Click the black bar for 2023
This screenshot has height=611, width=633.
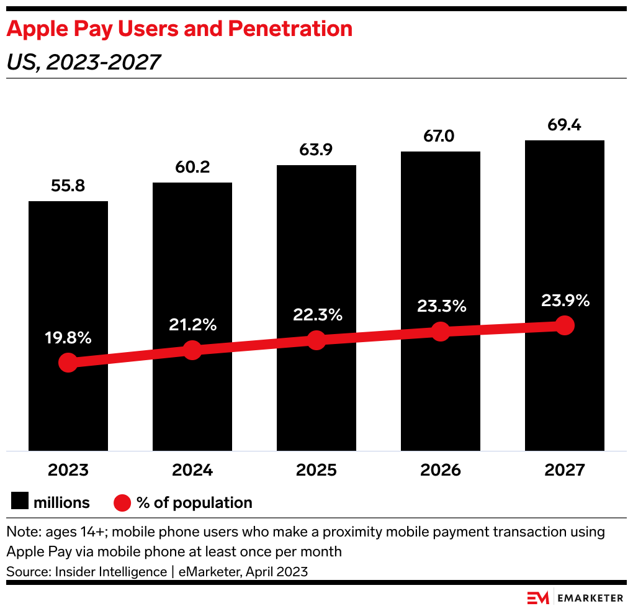[x=68, y=279]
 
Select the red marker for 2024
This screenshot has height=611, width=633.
[x=192, y=350]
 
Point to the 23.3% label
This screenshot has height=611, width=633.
[x=441, y=306]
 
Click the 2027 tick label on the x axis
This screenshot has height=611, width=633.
[x=565, y=470]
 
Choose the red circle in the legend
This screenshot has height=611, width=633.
[x=122, y=502]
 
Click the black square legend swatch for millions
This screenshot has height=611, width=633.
[x=19, y=502]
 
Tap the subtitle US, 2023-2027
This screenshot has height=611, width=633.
[x=83, y=62]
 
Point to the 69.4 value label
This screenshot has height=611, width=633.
[x=565, y=125]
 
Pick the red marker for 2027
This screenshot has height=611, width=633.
[x=565, y=325]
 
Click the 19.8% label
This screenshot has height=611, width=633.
[x=68, y=338]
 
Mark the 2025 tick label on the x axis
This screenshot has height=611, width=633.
[x=316, y=470]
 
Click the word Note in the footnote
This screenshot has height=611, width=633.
[x=20, y=532]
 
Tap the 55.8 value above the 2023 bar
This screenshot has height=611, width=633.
[x=68, y=186]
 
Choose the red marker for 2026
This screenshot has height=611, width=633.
[x=441, y=332]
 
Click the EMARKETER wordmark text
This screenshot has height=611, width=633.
[x=590, y=598]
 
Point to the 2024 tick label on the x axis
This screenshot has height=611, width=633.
[x=192, y=470]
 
